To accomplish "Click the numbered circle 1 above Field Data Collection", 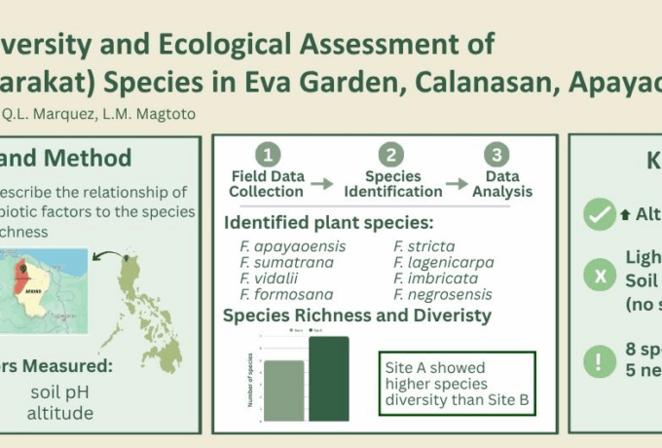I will [x=268, y=155].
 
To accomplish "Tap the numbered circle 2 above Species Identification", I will [x=391, y=155].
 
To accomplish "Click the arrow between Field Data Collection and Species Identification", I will [x=322, y=183].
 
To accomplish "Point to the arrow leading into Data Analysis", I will [x=457, y=183].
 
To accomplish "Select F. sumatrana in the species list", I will [x=286, y=262].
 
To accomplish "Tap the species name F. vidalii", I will [x=272, y=278].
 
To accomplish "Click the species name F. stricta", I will [x=424, y=246].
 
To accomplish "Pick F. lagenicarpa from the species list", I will [x=444, y=262].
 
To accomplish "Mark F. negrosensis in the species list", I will [x=443, y=293].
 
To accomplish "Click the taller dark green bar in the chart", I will [x=329, y=379].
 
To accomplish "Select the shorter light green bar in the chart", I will [x=283, y=391].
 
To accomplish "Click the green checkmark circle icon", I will [x=599, y=214].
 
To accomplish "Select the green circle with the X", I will [x=599, y=278].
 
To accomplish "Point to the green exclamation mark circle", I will [x=599, y=362].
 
